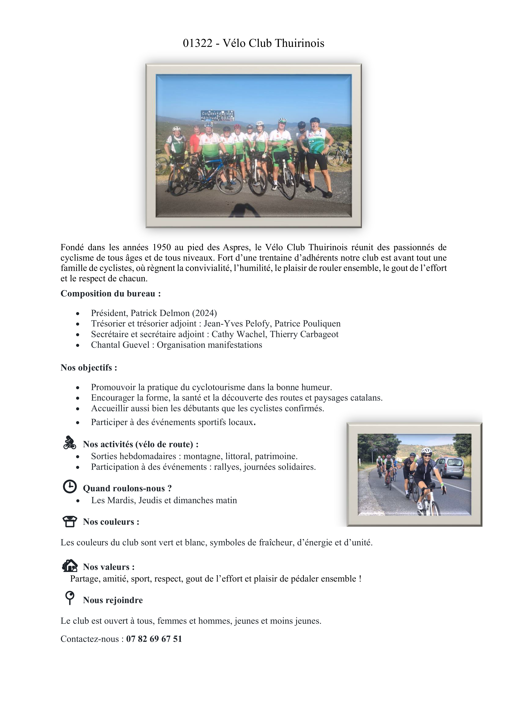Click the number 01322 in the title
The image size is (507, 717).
point(197,43)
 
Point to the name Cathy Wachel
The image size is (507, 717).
point(239,334)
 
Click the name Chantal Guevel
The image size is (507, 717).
point(120,345)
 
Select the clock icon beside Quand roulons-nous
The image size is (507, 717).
point(70,486)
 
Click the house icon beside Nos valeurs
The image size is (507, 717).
point(70,565)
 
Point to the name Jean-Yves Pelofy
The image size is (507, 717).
point(236,324)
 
